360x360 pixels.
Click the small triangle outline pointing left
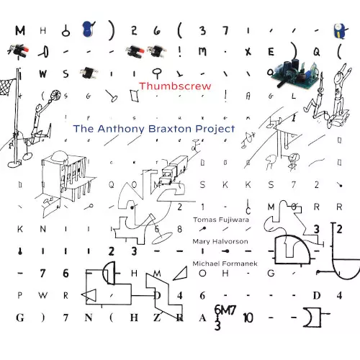click(x=89, y=294)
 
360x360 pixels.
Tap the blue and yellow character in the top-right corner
click(x=335, y=30)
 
